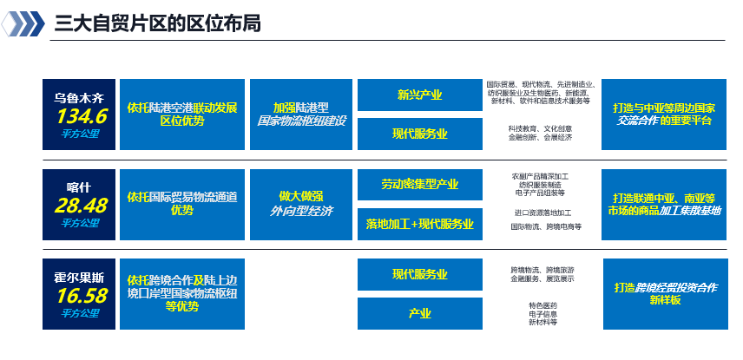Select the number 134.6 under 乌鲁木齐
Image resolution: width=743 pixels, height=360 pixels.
click(x=81, y=115)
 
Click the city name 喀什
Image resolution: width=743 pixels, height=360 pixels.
click(x=79, y=187)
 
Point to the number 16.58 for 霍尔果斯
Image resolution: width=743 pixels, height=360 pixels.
click(x=81, y=296)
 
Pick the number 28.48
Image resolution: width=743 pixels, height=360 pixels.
click(x=81, y=206)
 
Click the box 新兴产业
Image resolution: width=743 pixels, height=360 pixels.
click(x=419, y=95)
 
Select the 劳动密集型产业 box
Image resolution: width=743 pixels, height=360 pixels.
click(x=419, y=184)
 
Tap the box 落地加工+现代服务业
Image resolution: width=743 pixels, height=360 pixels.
click(x=419, y=224)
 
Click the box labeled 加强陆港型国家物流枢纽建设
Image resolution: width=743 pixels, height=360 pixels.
click(x=301, y=114)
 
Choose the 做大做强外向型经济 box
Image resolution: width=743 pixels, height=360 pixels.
click(x=301, y=204)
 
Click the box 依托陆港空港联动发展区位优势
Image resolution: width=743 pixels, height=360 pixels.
click(x=181, y=114)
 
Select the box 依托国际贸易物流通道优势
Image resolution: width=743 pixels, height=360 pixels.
click(x=181, y=204)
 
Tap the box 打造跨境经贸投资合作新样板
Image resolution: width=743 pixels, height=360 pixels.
click(x=664, y=293)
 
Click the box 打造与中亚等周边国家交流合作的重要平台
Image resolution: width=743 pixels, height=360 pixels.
click(x=664, y=114)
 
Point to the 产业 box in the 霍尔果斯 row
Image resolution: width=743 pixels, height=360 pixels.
click(x=419, y=313)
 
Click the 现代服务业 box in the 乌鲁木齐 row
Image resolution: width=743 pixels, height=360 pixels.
click(x=419, y=134)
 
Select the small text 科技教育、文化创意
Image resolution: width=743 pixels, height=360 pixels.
click(x=540, y=128)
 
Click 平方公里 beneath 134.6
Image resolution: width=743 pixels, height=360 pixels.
click(x=80, y=134)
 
